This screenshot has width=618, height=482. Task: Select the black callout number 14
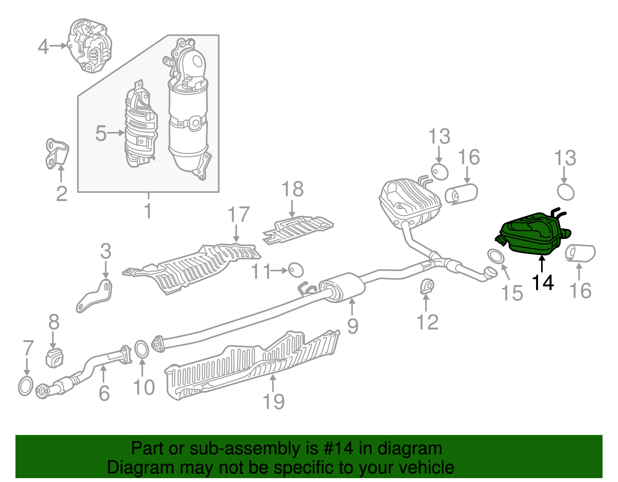pos(543,282)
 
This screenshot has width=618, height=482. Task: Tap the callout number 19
pos(273,402)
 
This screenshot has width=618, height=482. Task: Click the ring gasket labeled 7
pos(25,386)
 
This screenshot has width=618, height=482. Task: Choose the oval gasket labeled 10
pos(142,350)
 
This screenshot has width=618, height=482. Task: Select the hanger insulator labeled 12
pos(427,286)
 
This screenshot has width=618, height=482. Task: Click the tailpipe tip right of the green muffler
pos(580,253)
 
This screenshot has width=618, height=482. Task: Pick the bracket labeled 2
pos(56,154)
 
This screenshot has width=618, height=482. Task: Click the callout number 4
pos(43,47)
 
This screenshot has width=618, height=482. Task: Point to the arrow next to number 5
pos(116,133)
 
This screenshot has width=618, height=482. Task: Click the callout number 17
pos(238,215)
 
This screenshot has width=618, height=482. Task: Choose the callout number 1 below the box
pos(148,211)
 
